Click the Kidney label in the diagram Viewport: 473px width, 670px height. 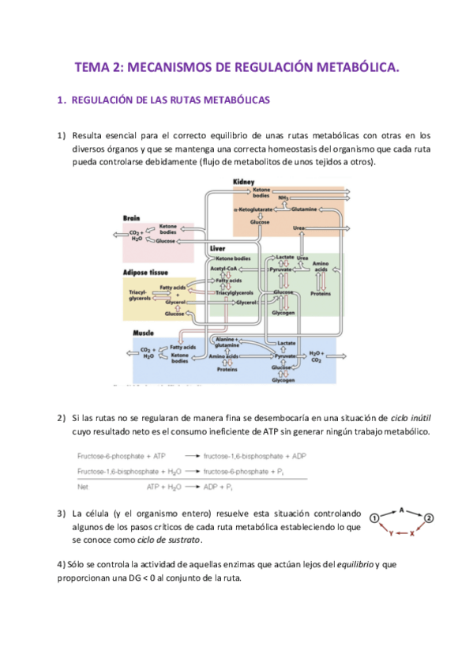243,183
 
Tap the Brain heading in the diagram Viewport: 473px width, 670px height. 131,217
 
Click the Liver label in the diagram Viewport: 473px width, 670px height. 217,248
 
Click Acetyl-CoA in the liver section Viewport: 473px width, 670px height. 224,269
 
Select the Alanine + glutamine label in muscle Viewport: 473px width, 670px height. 227,341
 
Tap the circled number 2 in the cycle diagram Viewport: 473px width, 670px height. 429,518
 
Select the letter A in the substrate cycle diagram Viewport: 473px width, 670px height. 402,510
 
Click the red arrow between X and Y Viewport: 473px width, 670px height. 402,533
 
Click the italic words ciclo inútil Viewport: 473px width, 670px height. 414,417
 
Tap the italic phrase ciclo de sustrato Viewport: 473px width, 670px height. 168,540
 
